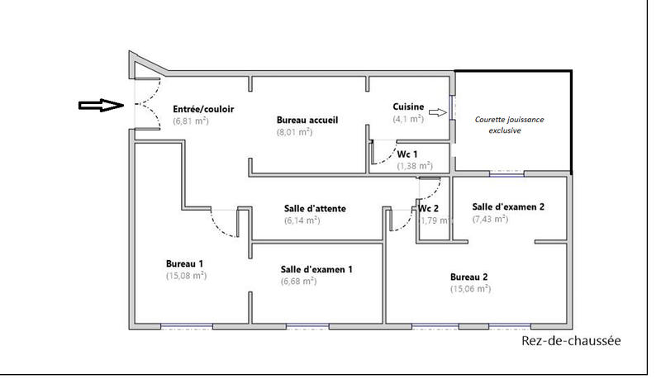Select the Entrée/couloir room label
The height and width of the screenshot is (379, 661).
coord(202,109)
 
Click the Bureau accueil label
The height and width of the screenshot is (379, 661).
coord(307,120)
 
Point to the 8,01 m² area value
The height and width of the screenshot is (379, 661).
coord(294,131)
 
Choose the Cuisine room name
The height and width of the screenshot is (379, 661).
coord(409,107)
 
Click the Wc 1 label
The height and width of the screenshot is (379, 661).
coord(407,154)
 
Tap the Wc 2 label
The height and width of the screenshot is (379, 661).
coord(428,207)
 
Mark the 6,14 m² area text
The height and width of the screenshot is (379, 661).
coord(302,220)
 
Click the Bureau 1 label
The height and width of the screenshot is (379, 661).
coord(184,263)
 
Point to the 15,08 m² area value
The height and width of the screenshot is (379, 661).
coord(186,276)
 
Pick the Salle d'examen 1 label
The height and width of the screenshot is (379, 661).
coord(317,269)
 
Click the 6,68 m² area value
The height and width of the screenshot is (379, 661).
coord(299,282)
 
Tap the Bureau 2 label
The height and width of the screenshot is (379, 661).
coord(468,277)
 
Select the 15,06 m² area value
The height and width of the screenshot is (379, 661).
coord(470,289)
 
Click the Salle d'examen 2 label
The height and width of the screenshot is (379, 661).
coord(508,206)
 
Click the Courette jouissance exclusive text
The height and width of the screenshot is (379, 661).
coord(509,125)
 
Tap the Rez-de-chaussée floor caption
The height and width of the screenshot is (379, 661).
coord(571,341)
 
